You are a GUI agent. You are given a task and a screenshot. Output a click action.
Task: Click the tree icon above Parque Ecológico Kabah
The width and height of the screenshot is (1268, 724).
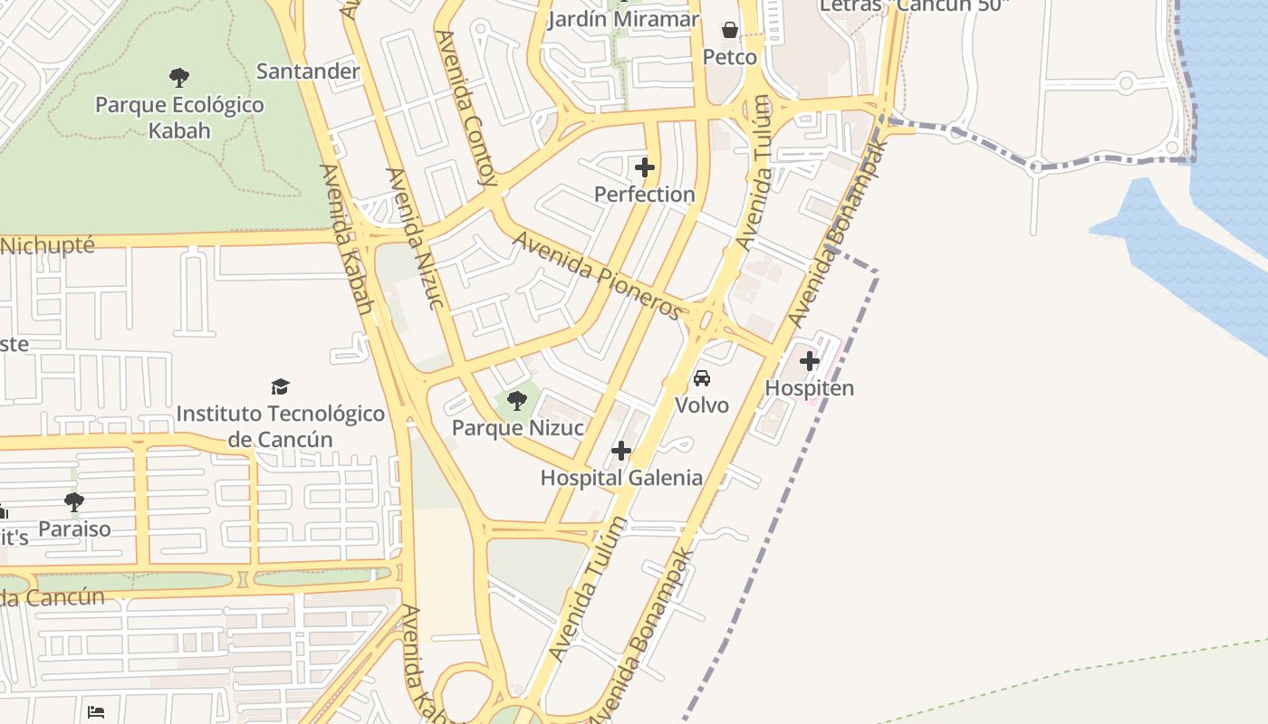click(179, 77)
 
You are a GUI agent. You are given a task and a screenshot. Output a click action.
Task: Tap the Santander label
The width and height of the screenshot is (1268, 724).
click(308, 71)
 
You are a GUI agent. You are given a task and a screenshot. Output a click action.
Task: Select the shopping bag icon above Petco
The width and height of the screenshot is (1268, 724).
click(730, 31)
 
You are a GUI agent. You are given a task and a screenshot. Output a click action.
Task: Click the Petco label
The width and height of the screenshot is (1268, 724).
click(730, 57)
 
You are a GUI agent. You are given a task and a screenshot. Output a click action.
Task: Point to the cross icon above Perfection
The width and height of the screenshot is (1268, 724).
click(645, 167)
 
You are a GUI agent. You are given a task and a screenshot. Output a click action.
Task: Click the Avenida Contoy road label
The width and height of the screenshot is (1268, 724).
click(466, 109)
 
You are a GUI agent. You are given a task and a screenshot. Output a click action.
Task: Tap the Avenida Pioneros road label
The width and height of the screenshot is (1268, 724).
click(597, 276)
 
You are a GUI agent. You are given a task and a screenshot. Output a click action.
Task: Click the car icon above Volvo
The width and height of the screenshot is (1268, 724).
click(702, 378)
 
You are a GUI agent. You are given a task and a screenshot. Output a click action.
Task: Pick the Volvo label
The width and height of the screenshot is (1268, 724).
click(702, 405)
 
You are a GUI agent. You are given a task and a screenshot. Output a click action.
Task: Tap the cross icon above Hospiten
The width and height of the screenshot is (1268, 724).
click(810, 362)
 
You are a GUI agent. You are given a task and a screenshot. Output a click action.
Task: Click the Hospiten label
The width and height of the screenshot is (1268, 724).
click(810, 388)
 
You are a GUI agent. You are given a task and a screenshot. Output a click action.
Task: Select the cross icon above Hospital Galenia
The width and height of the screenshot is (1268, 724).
click(621, 451)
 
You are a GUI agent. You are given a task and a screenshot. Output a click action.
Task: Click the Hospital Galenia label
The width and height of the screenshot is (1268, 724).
click(621, 477)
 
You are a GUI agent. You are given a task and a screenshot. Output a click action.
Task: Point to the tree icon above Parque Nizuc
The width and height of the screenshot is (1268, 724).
click(517, 401)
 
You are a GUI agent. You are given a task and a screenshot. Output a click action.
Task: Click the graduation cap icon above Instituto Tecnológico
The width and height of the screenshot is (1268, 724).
click(280, 387)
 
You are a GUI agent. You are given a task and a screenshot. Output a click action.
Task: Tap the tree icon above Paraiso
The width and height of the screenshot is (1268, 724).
click(74, 501)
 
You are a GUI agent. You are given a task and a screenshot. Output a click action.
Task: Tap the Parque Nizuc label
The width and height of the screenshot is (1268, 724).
click(517, 427)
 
